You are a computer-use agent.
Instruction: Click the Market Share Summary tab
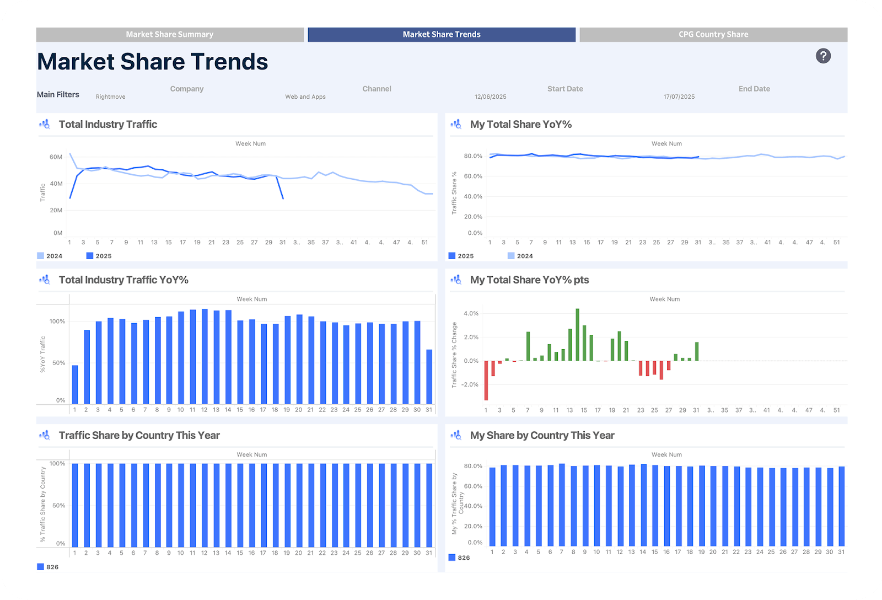170,34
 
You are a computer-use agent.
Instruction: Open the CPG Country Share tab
713,34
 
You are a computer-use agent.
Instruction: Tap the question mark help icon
823,56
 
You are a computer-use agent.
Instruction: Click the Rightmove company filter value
110,97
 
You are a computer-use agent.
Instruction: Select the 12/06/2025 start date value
490,97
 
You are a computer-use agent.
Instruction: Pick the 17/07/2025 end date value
679,97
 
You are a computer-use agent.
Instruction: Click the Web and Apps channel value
305,97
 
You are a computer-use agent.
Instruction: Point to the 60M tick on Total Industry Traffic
56,157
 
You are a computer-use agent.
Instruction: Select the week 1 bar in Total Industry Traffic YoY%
75,384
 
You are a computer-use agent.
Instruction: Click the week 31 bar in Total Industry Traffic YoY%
429,377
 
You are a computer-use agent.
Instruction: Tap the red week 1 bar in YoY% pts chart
486,381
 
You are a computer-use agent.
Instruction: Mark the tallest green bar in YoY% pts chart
577,335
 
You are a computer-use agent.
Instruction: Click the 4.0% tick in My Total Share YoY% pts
471,313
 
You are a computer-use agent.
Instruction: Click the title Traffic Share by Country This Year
139,436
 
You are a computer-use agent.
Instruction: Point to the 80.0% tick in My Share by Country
473,466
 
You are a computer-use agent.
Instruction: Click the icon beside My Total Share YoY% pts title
456,280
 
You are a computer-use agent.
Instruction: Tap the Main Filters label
58,94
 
